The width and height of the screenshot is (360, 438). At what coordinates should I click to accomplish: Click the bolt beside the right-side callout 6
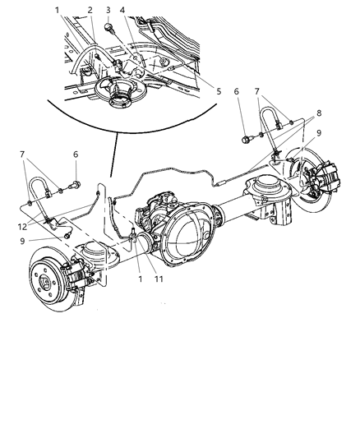point(247,137)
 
